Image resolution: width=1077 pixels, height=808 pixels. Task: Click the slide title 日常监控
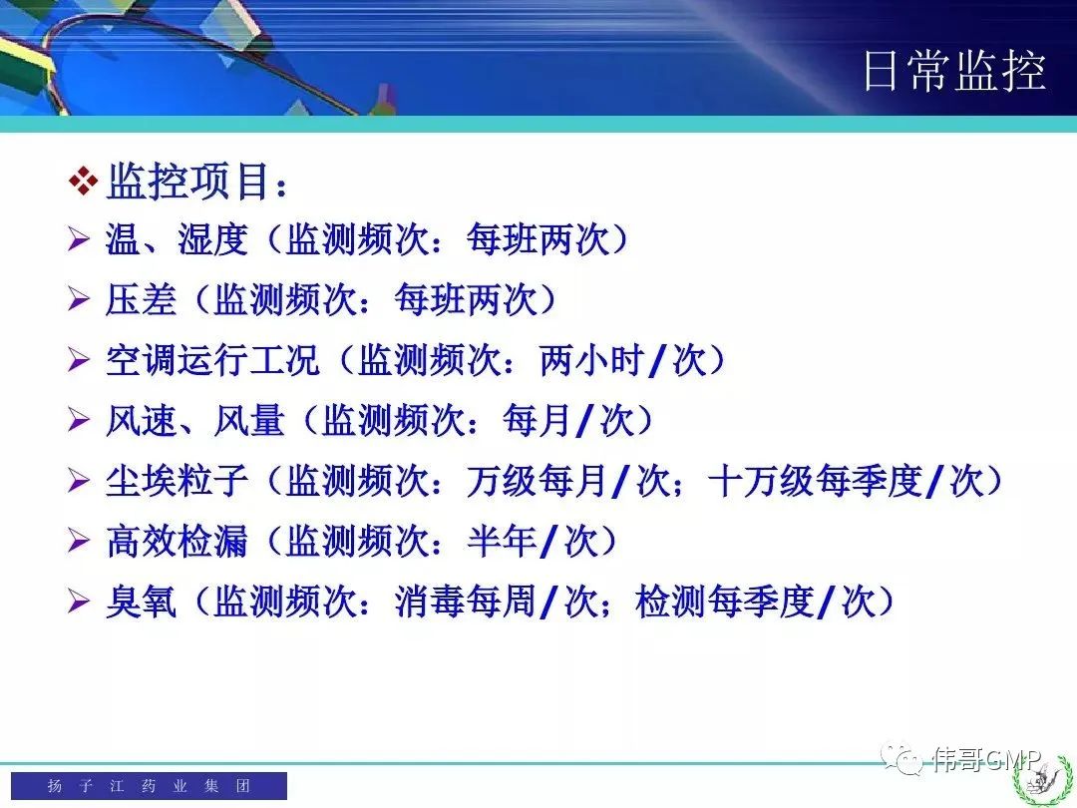(x=954, y=71)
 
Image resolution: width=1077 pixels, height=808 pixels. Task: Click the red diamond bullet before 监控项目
(x=83, y=182)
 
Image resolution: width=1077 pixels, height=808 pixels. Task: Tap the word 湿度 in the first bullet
(x=213, y=239)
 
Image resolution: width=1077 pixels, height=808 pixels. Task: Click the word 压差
(x=141, y=299)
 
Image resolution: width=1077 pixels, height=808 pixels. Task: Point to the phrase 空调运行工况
(x=213, y=360)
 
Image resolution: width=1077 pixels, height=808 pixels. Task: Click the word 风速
(x=141, y=421)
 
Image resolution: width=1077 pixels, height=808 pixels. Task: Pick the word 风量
(x=248, y=421)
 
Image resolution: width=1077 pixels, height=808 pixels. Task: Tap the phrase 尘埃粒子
(x=177, y=481)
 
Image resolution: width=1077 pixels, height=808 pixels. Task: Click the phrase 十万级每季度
(x=816, y=481)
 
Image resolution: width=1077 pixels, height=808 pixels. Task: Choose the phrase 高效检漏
(x=177, y=542)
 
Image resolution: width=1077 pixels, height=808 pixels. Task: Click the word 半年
(x=502, y=542)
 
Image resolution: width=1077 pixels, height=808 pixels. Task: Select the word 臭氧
(x=141, y=602)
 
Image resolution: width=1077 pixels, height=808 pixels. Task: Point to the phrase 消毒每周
(x=466, y=602)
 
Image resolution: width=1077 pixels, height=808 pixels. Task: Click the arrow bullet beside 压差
(x=79, y=299)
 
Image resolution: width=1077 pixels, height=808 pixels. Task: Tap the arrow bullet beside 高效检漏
(x=79, y=542)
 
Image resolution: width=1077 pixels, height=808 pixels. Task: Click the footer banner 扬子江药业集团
(x=149, y=785)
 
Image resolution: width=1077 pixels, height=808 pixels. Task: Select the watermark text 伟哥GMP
(x=987, y=759)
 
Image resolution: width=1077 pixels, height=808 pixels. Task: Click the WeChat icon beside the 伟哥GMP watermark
(x=902, y=758)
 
